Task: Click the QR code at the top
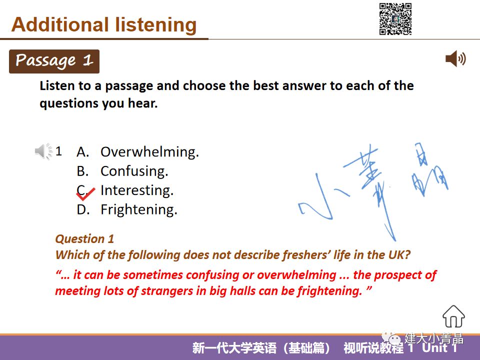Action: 395,18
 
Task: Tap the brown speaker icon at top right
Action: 455,58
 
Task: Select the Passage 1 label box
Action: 54,61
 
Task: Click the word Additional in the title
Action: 60,24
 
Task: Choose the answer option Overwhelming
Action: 149,152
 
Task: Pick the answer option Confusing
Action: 134,171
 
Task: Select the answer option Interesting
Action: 137,190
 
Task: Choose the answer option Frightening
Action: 139,209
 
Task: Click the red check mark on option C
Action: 85,194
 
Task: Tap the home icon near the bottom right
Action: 453,316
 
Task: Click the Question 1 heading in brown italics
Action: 84,239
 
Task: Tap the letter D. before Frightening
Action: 83,209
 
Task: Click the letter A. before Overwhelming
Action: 83,152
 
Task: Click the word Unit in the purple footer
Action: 434,348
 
